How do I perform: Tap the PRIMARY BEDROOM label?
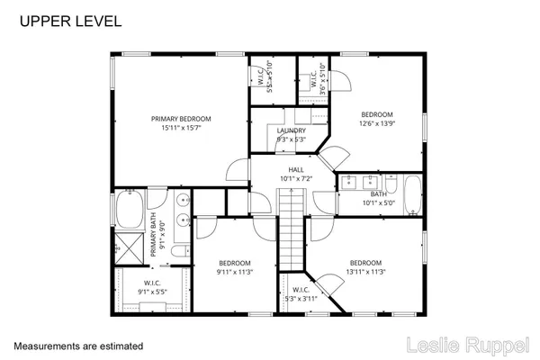coord(180,119)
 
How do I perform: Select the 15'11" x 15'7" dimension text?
coord(180,128)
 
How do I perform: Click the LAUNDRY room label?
coord(291,130)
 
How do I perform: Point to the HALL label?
coord(295,169)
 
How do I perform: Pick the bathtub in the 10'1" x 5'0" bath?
coord(411,193)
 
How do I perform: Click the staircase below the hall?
coord(291,236)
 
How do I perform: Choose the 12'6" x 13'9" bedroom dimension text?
coord(377,124)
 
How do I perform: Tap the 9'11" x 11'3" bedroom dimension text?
coord(232,272)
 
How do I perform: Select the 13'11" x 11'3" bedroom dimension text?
coord(366,272)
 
